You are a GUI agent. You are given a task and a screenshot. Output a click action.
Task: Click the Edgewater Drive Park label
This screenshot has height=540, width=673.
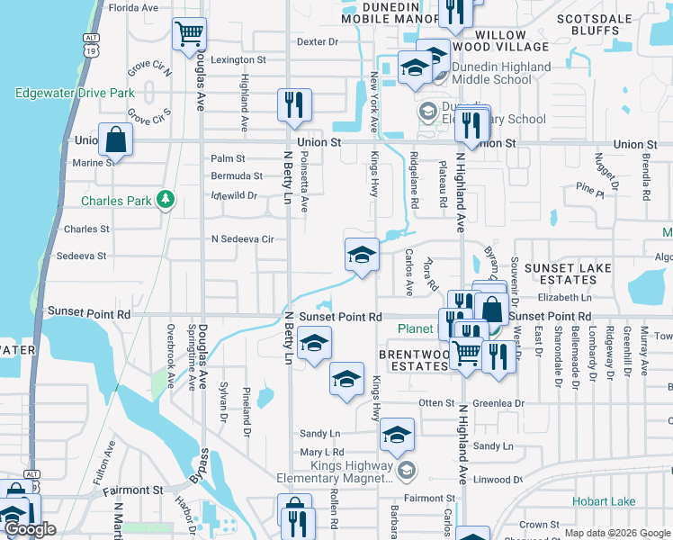click(75, 93)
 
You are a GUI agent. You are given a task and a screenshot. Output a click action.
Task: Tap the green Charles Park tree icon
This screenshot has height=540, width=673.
click(166, 200)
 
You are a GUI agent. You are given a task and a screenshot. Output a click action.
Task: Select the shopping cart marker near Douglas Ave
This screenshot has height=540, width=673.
click(189, 35)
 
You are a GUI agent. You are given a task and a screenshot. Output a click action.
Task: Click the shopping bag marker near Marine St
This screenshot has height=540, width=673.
click(116, 139)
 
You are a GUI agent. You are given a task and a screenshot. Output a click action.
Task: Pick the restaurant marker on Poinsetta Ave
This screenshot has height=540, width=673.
click(294, 105)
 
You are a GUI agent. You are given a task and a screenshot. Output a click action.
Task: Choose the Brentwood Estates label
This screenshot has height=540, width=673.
click(414, 361)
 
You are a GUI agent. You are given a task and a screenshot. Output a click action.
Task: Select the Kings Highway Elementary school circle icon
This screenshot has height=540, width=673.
click(407, 469)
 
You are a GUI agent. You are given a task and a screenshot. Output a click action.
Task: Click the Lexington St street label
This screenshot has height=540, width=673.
click(238, 60)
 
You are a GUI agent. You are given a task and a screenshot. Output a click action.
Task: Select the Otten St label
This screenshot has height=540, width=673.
click(437, 403)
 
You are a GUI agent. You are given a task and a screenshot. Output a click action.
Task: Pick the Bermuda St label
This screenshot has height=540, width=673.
click(237, 176)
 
